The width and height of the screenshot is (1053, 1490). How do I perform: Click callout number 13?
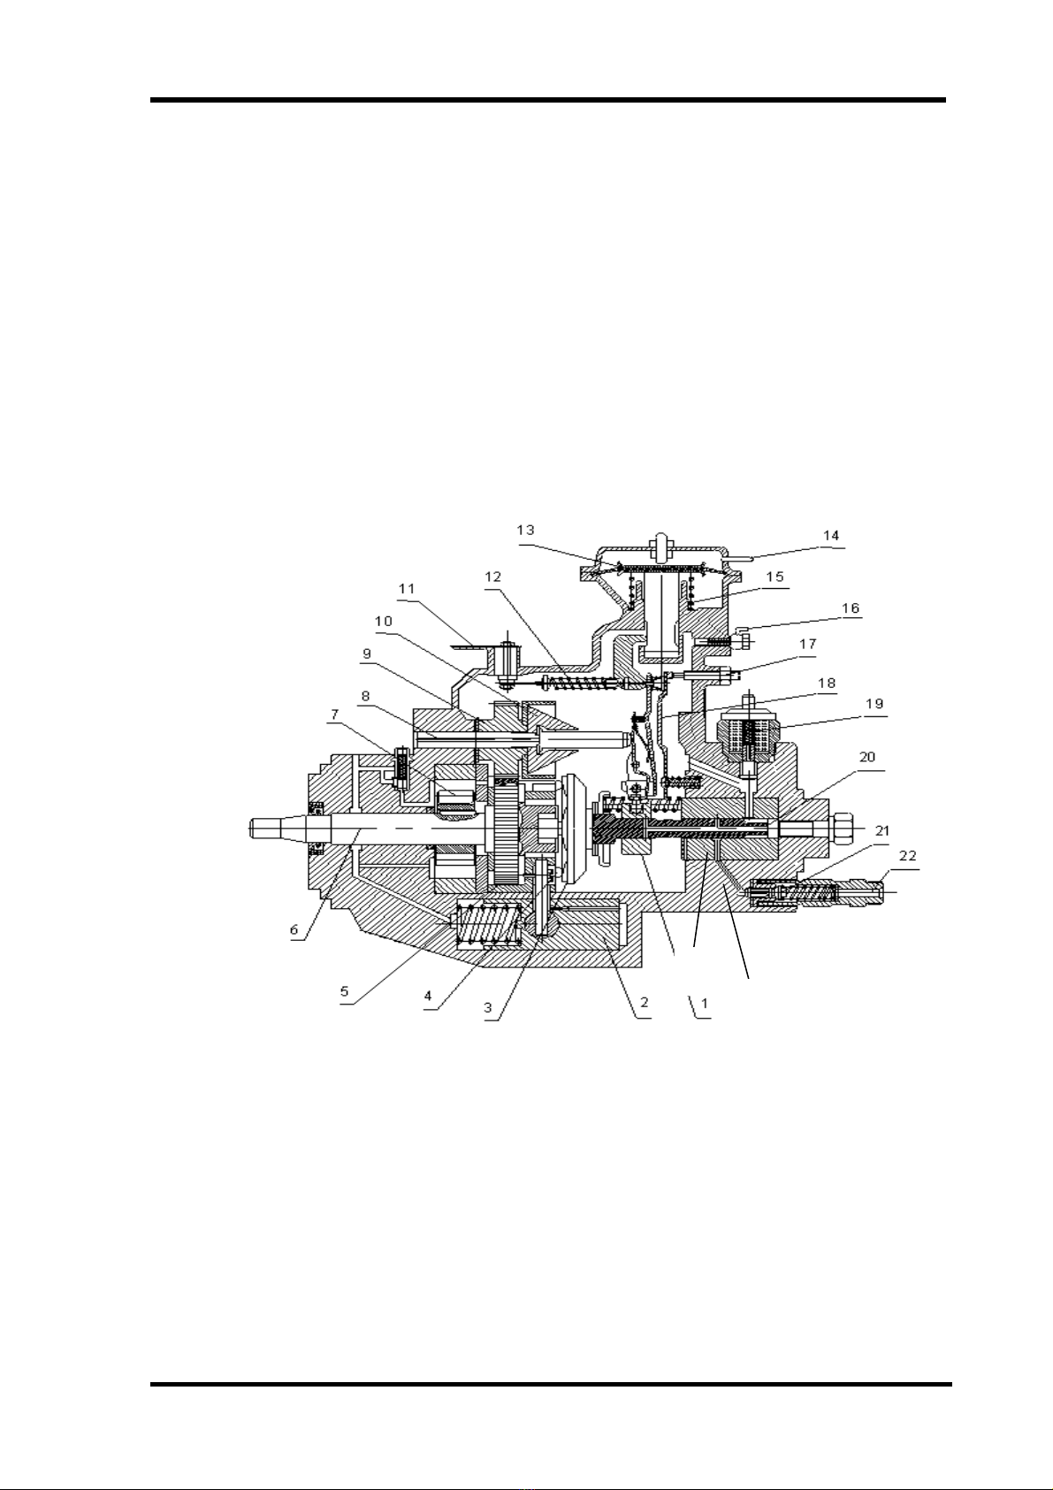[x=525, y=531]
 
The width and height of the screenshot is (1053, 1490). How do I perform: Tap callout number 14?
[x=831, y=536]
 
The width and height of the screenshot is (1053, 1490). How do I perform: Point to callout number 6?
[x=294, y=930]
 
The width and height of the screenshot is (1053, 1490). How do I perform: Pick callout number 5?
[x=345, y=990]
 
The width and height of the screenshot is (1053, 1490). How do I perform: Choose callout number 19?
[x=874, y=704]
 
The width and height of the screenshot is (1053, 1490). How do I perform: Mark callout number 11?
[x=407, y=589]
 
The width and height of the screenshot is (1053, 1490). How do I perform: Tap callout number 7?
[x=334, y=714]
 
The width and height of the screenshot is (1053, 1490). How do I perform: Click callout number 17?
[x=808, y=644]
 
